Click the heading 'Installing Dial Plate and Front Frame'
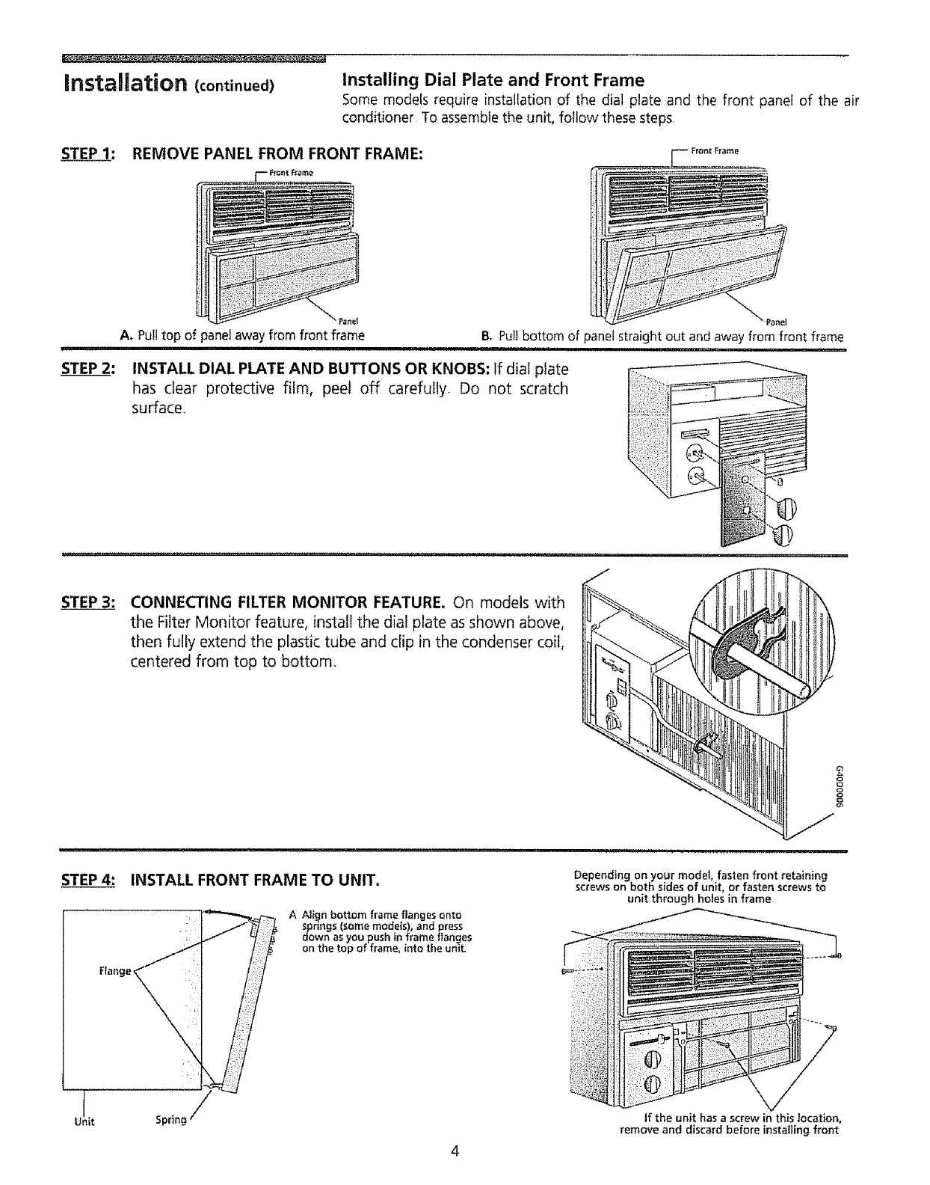coord(493,79)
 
